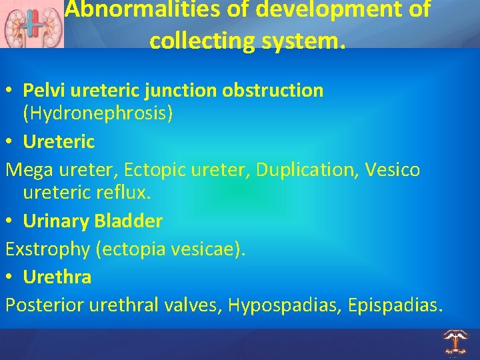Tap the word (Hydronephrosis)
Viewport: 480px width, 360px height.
[98, 114]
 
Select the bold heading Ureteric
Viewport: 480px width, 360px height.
[59, 141]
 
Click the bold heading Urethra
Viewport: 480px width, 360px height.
[57, 277]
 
